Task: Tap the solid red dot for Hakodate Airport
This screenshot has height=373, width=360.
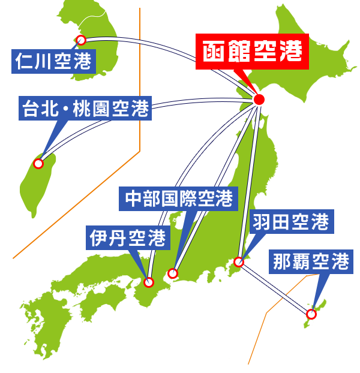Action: coord(259,100)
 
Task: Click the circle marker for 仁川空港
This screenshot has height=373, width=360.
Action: coord(81,40)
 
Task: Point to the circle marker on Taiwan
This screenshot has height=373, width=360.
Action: coord(38,163)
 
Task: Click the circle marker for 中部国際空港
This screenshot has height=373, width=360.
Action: coord(173,273)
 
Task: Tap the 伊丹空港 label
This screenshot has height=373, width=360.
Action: coord(128,237)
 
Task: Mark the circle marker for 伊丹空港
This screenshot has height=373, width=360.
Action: coord(149,282)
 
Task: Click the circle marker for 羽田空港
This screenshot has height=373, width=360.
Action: coord(239,261)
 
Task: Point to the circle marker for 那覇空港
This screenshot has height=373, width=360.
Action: coord(311,314)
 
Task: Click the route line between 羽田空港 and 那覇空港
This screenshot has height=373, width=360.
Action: coord(275,288)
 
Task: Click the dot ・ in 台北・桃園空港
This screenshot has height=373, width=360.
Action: coord(65,109)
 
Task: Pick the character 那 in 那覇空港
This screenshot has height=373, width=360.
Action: coord(282,261)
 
